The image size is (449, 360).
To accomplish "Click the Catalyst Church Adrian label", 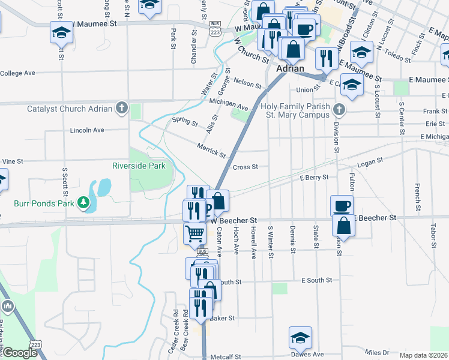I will point(70,109).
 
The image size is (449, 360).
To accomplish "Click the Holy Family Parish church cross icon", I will point(340,109).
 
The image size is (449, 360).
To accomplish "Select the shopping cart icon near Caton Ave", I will point(194,233).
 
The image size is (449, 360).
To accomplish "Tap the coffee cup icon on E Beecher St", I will point(342,206).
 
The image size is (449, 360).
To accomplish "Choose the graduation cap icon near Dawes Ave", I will point(301,337).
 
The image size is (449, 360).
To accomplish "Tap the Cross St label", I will point(245,167).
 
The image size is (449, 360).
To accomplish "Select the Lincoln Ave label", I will point(87,130).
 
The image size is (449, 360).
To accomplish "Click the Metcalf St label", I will point(226,356).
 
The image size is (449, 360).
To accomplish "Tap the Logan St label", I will point(370,162).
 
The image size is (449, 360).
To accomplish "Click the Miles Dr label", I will point(377,352).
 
